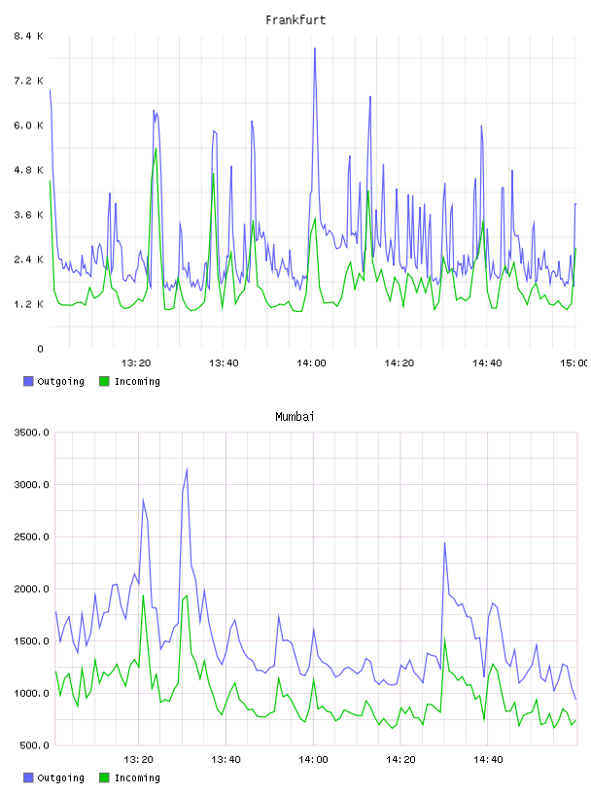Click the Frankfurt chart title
pyautogui.click(x=295, y=20)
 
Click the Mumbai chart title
pyautogui.click(x=295, y=417)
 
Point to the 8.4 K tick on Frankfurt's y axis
pyautogui.click(x=28, y=36)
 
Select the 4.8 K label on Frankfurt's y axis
pyautogui.click(x=28, y=170)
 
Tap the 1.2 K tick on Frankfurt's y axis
pyautogui.click(x=28, y=304)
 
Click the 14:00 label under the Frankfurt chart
pyautogui.click(x=311, y=363)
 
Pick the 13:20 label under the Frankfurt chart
pyautogui.click(x=136, y=363)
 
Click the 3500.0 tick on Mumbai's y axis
pyautogui.click(x=31, y=432)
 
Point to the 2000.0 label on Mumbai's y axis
pyautogui.click(x=31, y=589)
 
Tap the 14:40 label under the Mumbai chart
pyautogui.click(x=488, y=760)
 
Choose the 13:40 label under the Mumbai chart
pyautogui.click(x=226, y=760)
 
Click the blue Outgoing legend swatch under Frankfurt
pyautogui.click(x=28, y=381)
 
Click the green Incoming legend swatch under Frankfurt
pyautogui.click(x=104, y=381)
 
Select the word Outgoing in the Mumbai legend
pyautogui.click(x=60, y=777)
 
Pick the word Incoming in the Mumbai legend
pyautogui.click(x=137, y=777)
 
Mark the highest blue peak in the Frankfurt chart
pyautogui.click(x=315, y=49)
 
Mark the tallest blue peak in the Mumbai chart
pyautogui.click(x=188, y=468)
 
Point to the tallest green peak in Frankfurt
pyautogui.click(x=156, y=149)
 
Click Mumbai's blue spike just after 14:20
pyautogui.click(x=445, y=543)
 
